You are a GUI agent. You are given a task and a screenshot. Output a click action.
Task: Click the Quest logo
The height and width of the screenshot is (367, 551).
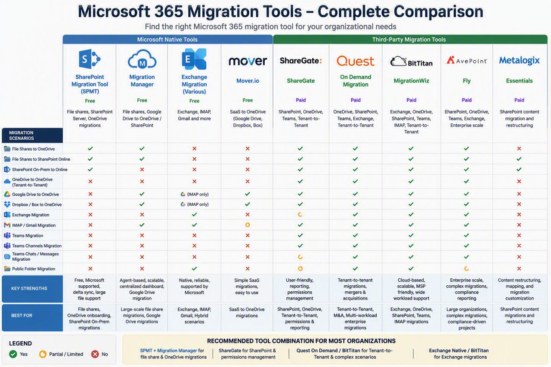coord(356,61)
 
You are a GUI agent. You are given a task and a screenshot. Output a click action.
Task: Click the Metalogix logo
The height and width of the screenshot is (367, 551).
coord(519,61)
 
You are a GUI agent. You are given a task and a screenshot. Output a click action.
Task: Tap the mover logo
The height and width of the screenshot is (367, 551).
coord(248,61)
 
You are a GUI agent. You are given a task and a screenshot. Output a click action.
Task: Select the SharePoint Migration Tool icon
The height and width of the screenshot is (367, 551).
coord(90,59)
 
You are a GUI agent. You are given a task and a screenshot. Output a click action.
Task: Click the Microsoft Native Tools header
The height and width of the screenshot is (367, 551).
coord(167,39)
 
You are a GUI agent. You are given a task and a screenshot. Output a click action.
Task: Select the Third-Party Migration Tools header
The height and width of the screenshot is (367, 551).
coord(409,39)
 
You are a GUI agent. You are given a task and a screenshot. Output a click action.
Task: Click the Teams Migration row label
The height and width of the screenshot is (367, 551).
coord(28,235)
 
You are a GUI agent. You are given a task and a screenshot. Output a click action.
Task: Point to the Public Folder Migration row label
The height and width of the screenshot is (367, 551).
coord(34,268)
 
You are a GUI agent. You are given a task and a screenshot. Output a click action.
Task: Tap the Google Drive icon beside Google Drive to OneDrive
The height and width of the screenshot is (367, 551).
coord(7,194)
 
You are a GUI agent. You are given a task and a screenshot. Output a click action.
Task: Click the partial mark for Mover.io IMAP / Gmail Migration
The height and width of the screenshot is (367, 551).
coord(248,225)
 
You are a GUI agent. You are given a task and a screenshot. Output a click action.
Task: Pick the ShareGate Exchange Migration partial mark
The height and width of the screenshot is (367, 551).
coord(300,215)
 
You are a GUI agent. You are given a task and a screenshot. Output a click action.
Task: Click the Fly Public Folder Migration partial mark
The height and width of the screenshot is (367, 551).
coord(466,268)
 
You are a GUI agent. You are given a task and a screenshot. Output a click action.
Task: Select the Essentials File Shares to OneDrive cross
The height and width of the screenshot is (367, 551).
coord(519,148)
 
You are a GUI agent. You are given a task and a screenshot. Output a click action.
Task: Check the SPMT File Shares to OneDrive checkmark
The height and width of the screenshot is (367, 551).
coord(90,148)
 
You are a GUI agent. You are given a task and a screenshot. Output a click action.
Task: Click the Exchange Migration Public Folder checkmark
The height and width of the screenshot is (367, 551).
coord(194,268)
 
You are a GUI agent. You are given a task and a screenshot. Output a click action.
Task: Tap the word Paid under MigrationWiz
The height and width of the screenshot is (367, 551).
coord(411,100)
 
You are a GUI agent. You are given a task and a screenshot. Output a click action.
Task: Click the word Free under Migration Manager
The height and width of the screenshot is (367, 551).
coord(142,100)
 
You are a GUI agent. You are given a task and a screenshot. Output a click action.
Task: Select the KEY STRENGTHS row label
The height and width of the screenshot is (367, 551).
coord(29,288)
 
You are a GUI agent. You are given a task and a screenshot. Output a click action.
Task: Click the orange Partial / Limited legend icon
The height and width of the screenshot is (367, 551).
coord(43,354)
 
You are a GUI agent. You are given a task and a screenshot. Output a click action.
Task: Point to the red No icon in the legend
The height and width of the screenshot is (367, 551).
coord(95,354)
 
